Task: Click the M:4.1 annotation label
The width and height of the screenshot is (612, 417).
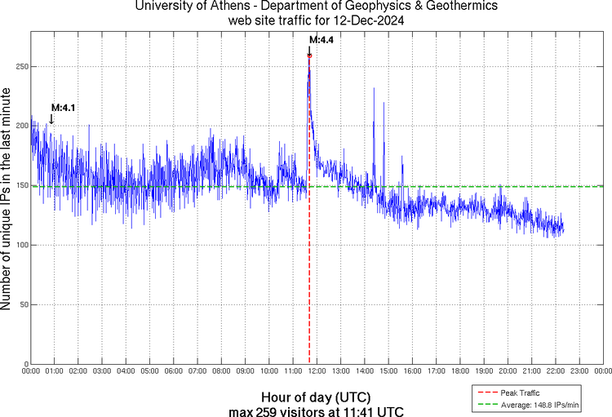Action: click(63, 107)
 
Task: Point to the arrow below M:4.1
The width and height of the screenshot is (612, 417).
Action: click(51, 119)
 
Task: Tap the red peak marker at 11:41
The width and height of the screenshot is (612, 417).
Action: click(309, 55)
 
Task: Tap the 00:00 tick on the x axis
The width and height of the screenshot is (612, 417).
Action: click(30, 371)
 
